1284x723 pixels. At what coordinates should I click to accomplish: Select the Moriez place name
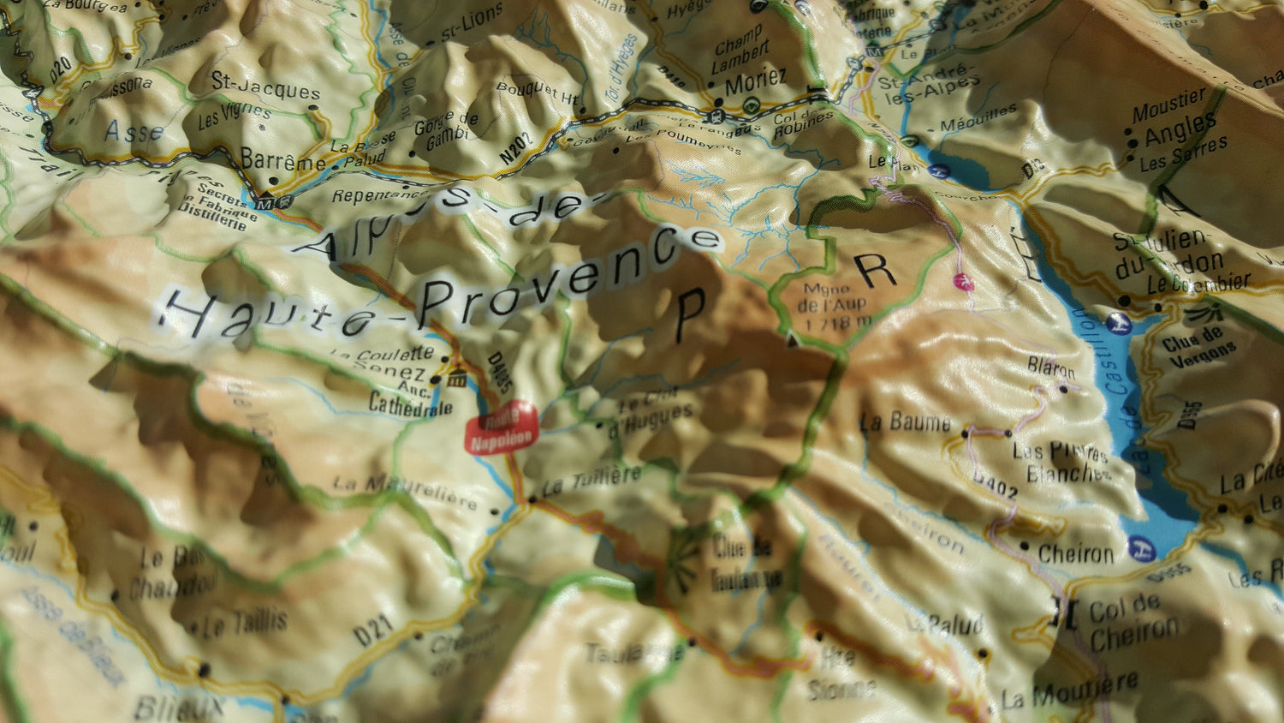click(x=755, y=82)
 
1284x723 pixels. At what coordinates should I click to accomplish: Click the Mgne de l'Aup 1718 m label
click(x=834, y=306)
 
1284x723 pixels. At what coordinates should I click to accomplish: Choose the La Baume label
click(x=906, y=421)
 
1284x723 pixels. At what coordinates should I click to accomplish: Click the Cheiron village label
click(x=1076, y=554)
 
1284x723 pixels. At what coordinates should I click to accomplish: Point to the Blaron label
click(x=1051, y=367)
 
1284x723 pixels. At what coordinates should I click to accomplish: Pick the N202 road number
click(x=515, y=147)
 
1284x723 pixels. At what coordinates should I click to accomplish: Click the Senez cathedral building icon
click(x=457, y=378)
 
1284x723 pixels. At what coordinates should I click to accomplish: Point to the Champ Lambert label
click(x=740, y=54)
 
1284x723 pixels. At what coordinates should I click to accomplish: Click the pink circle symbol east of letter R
click(x=964, y=280)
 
